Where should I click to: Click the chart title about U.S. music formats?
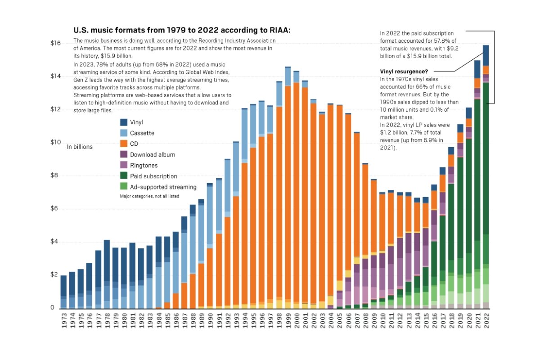182,30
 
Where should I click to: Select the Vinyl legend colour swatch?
124,122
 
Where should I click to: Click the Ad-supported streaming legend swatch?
124,187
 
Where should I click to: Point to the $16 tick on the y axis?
55,43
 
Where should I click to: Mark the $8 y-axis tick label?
55,175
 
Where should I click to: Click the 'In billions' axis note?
80,147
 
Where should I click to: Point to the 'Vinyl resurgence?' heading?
404,71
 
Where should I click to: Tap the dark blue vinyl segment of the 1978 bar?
107,261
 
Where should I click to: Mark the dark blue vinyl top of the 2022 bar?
486,55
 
